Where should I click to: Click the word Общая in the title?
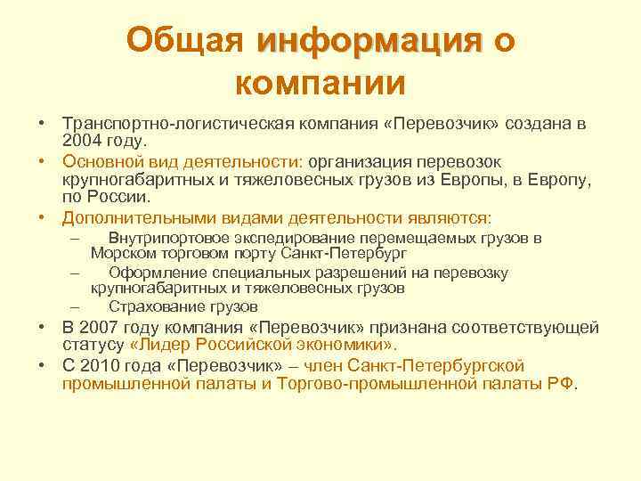[184, 39]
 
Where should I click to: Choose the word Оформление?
[153, 273]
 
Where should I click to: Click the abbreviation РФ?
[562, 383]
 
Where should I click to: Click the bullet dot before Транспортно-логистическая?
[42, 123]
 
